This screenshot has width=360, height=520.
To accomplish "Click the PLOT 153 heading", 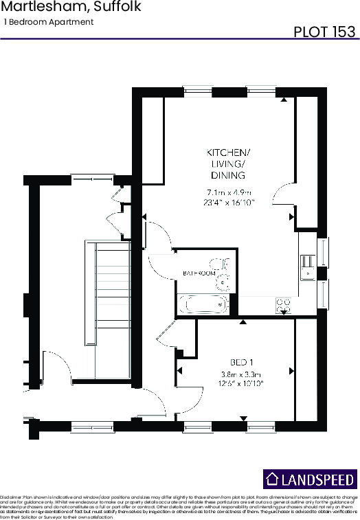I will [x=324, y=32].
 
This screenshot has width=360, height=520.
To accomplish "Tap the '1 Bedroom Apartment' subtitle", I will [x=48, y=23].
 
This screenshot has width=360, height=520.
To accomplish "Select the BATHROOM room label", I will [x=199, y=273].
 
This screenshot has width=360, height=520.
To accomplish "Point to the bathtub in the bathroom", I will [x=203, y=303].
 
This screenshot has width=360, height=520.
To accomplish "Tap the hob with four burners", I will [x=282, y=304].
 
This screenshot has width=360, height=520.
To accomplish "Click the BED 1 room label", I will [x=241, y=362].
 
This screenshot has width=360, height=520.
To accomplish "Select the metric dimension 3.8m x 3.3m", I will [x=242, y=374].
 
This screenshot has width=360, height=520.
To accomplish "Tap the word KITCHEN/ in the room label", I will [x=229, y=152].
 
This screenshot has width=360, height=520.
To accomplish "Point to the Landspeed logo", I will [x=310, y=479].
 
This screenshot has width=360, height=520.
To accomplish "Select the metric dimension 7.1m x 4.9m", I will [x=229, y=192].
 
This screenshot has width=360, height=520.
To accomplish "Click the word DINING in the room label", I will [x=229, y=175].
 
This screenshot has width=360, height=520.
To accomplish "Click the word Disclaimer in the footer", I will [x=12, y=495].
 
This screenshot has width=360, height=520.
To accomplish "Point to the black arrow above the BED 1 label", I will [x=242, y=321].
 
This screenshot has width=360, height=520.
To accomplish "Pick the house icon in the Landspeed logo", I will [x=273, y=479].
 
